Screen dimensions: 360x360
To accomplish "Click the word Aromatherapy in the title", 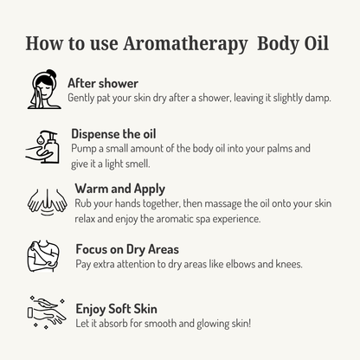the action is click(x=185, y=44).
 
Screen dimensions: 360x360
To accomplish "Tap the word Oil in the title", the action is click(x=317, y=43).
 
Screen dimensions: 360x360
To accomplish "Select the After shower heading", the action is click(x=103, y=83).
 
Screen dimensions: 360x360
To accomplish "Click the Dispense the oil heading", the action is click(x=113, y=134).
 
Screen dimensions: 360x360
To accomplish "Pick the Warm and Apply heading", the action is click(x=120, y=190).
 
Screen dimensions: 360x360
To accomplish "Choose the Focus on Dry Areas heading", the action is click(x=127, y=249).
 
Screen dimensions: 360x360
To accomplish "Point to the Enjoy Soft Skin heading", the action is click(x=117, y=309).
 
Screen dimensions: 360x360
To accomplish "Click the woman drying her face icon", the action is click(x=44, y=89).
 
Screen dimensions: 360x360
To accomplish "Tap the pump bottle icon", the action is click(x=42, y=147).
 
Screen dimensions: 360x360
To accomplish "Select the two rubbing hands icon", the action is click(x=47, y=202).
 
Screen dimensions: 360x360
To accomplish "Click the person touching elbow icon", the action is click(x=43, y=255).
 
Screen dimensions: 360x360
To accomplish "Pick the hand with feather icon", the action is click(x=47, y=312).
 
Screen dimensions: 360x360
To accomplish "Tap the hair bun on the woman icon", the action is click(x=51, y=73).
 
